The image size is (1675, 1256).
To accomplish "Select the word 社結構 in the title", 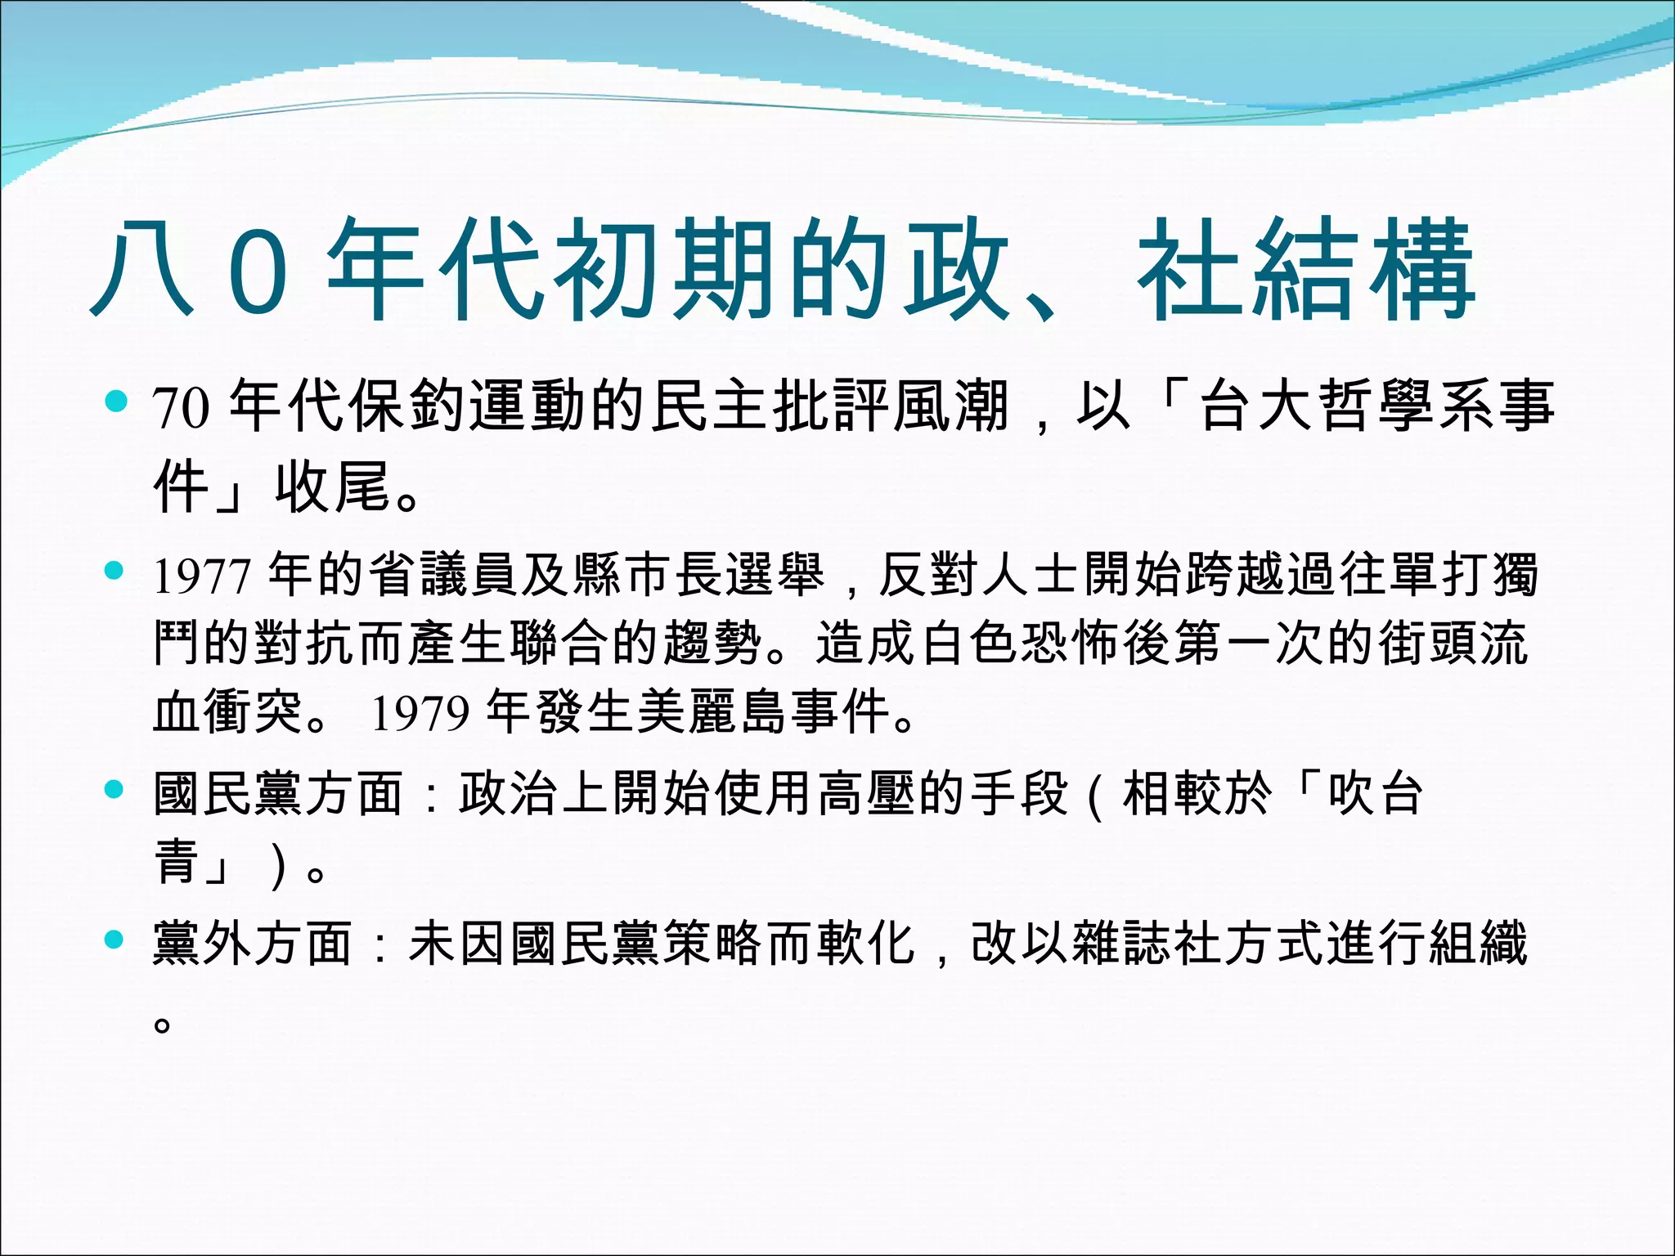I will tap(1305, 270).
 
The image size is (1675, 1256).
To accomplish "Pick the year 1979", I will tap(420, 714).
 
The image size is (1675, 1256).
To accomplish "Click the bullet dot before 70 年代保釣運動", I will tap(116, 401).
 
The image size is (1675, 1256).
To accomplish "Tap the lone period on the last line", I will tap(162, 1024).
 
